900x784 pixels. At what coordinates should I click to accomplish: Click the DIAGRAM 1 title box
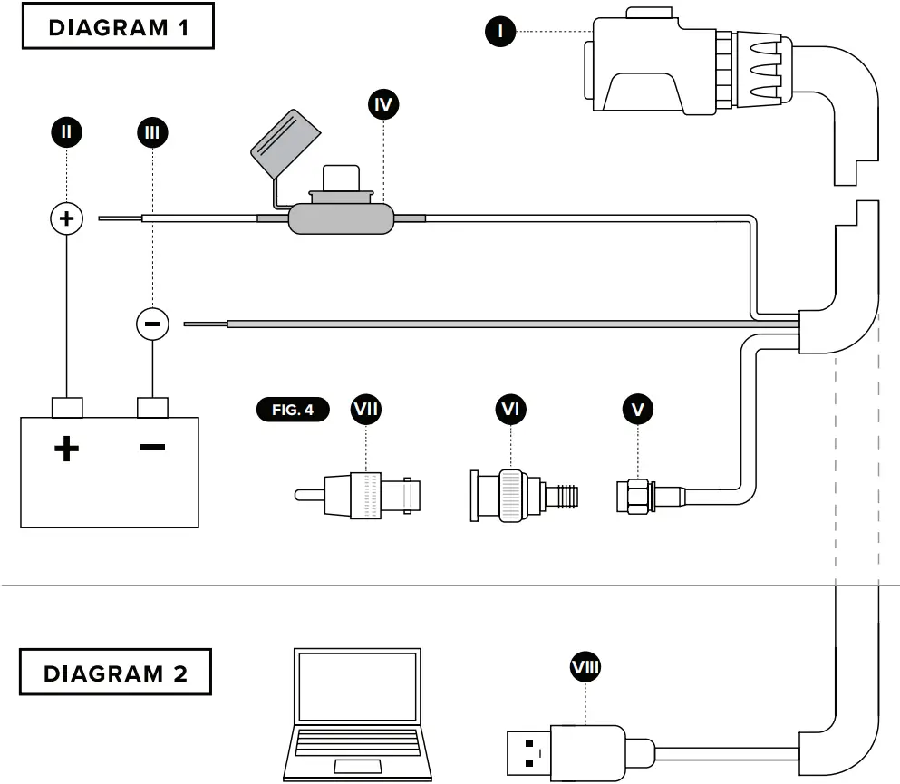(117, 27)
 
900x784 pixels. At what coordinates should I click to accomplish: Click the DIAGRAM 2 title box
(116, 674)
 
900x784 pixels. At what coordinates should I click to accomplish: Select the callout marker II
(66, 132)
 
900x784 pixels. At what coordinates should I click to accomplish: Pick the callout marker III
(152, 132)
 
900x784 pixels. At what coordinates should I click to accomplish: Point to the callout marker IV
(384, 104)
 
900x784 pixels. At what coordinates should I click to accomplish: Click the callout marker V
(638, 410)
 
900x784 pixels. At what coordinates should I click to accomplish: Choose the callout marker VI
(511, 410)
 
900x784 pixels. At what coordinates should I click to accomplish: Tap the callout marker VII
(366, 410)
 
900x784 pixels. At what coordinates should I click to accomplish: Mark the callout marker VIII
(585, 668)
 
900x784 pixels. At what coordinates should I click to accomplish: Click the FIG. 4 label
(293, 410)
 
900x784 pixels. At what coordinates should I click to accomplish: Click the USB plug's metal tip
(525, 752)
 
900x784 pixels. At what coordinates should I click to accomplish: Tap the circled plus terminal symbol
(66, 218)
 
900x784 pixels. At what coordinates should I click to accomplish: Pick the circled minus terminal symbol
(152, 322)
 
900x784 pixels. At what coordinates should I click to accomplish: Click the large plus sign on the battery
(66, 448)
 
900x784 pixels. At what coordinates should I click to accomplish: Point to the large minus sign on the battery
(152, 447)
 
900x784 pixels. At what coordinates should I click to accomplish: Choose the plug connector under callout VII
(363, 495)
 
